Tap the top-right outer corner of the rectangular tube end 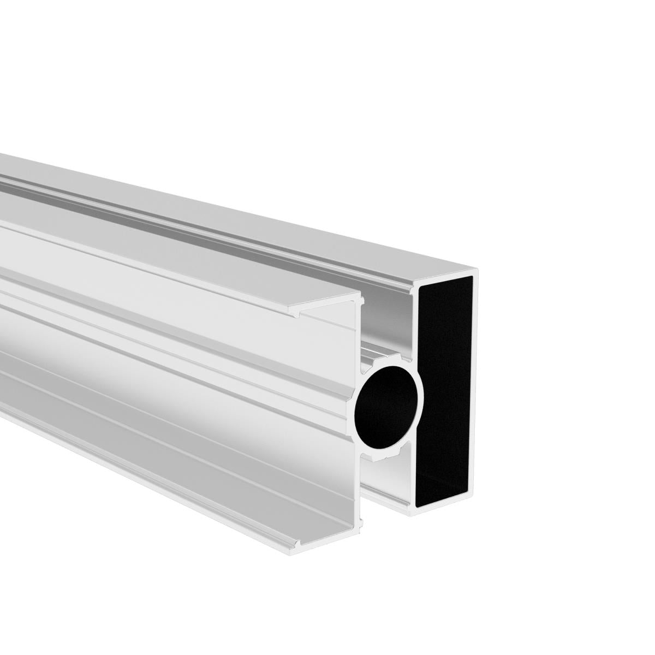(x=478, y=270)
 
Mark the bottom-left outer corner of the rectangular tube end (x=410, y=516)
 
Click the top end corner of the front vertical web (x=361, y=297)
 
